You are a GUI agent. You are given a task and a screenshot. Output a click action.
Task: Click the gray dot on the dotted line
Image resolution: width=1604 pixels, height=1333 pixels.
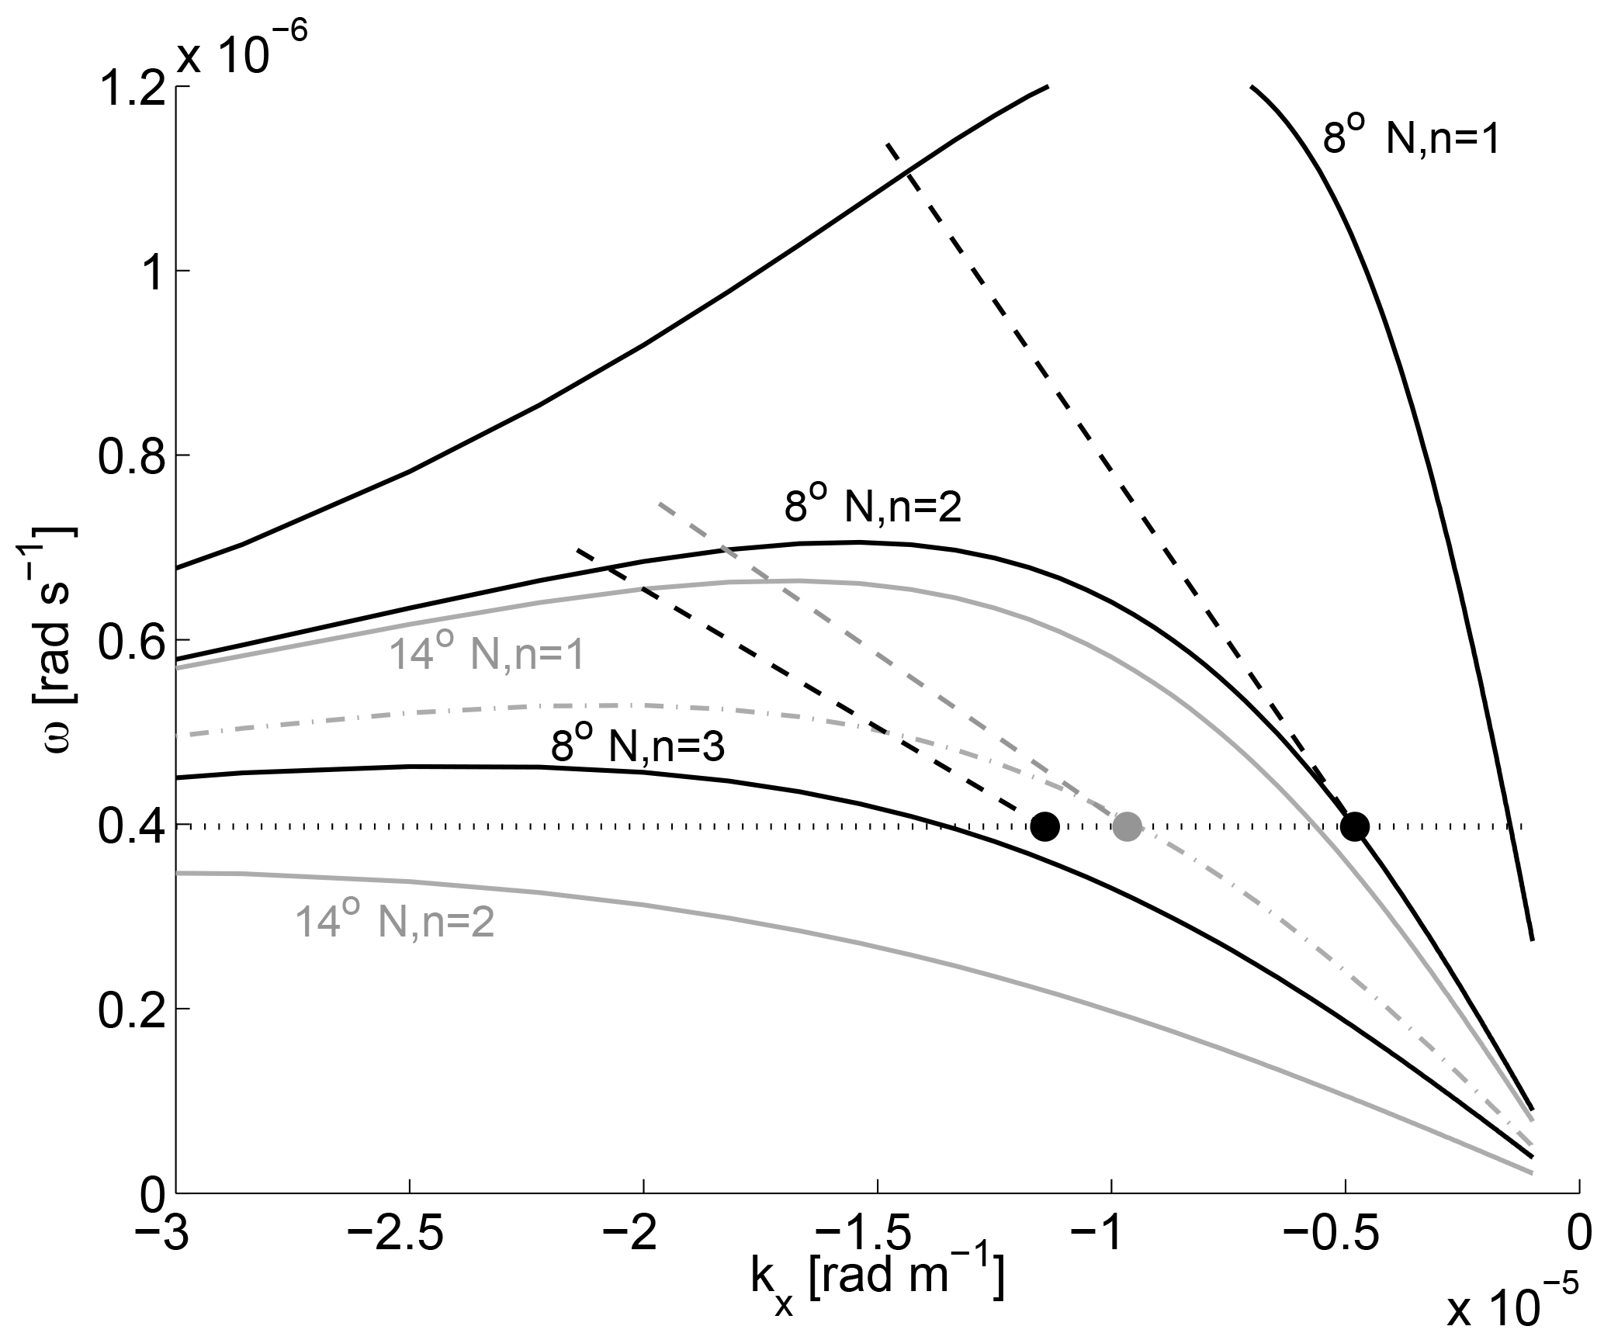(x=1126, y=826)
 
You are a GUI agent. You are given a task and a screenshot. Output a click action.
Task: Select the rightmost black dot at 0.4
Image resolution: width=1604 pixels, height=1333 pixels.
(x=1354, y=826)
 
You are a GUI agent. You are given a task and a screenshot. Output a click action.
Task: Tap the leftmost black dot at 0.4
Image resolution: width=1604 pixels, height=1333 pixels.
(x=1045, y=826)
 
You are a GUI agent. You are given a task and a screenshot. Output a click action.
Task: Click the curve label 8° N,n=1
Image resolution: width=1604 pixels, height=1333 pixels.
(x=1411, y=142)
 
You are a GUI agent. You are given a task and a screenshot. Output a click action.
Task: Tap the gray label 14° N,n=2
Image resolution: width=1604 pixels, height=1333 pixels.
(x=395, y=925)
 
